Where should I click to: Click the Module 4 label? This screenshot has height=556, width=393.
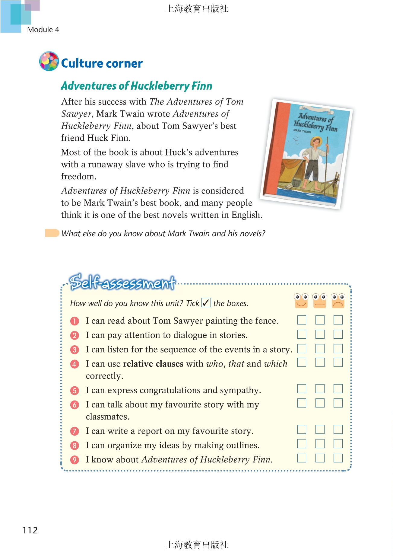click(43, 30)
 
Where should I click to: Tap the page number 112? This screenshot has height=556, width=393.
click(30, 530)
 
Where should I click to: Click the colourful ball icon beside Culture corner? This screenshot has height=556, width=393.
click(49, 61)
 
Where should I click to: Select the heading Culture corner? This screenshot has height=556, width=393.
click(102, 63)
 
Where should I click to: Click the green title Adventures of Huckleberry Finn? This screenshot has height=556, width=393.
click(136, 86)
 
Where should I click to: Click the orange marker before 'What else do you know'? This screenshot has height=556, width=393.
click(52, 233)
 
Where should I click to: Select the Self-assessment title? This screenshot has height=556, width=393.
click(122, 283)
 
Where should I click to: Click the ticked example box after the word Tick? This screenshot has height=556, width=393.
click(206, 302)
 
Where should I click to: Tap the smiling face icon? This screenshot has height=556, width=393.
click(301, 301)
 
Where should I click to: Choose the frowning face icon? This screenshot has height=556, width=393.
click(338, 301)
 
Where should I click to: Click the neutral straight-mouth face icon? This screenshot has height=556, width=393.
click(320, 301)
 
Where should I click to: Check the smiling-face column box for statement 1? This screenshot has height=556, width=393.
click(302, 320)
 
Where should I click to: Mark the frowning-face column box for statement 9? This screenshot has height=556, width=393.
click(338, 458)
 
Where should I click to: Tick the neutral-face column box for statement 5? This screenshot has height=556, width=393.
click(320, 389)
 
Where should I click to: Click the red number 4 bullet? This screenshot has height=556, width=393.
click(74, 364)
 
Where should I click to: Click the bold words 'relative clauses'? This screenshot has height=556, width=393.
click(153, 364)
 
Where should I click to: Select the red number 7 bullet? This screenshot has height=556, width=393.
click(74, 431)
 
